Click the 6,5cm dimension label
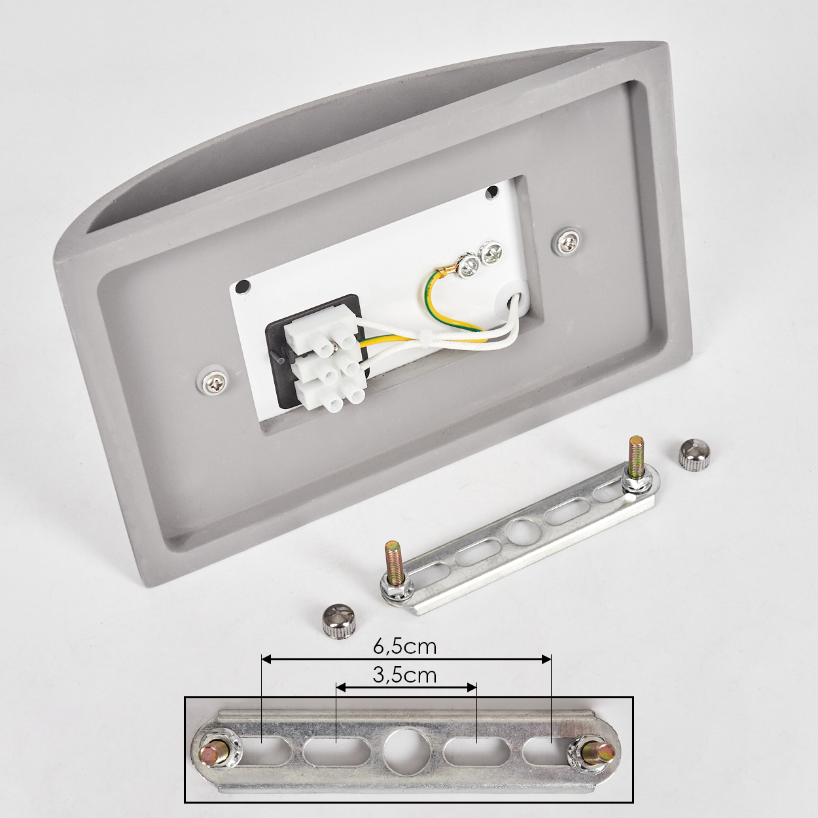click(404, 646)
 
